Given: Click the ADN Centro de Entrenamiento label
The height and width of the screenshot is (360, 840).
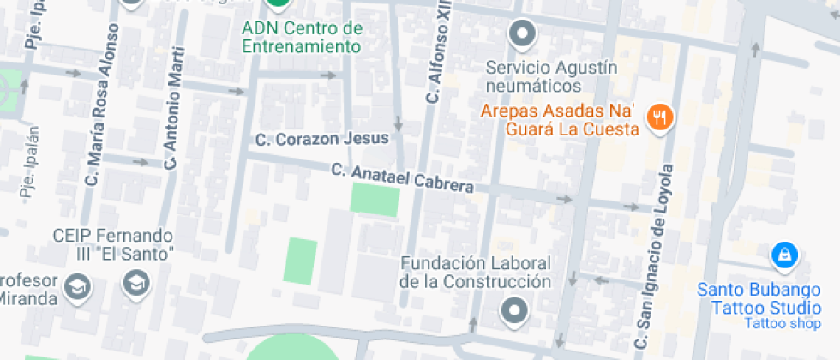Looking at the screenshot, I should point(302,38).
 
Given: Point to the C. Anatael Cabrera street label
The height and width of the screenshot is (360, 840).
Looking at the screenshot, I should point(403,179).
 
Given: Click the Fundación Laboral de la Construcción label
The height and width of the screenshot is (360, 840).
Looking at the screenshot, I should point(476,272).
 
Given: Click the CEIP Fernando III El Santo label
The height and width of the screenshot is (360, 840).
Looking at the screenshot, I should point(113,244).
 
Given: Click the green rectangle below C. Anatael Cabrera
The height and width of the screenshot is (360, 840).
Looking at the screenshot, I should point(375,201).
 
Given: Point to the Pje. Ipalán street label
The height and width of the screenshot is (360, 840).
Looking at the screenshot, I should point(29,163).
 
